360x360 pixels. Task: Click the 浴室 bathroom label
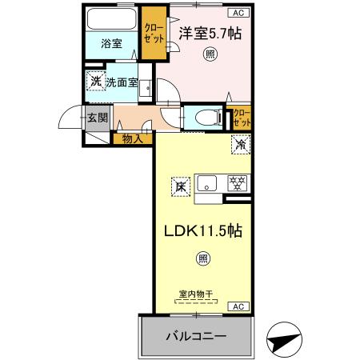click(x=111, y=44)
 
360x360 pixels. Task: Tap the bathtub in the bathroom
click(x=112, y=19)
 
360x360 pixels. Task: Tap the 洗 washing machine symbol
click(x=95, y=82)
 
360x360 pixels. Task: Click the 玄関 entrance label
click(x=97, y=118)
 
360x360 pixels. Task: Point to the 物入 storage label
click(x=133, y=139)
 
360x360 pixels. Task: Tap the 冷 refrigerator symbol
click(x=240, y=145)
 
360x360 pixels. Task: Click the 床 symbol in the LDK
click(x=180, y=186)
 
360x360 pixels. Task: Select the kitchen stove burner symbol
click(x=237, y=182)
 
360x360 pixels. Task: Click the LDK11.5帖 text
click(x=203, y=229)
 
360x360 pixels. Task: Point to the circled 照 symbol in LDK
click(x=203, y=258)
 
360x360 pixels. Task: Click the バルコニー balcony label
click(x=196, y=335)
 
